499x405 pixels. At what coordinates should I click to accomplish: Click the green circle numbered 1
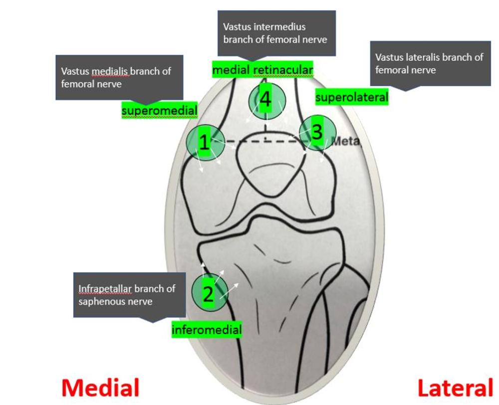[x=203, y=142]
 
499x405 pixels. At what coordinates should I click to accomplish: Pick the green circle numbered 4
[x=265, y=100]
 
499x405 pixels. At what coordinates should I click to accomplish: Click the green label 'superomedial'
[x=159, y=110]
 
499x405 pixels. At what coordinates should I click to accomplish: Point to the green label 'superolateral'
[x=351, y=97]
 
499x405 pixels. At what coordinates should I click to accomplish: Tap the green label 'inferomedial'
[x=207, y=329]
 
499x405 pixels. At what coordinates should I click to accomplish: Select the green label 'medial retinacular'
[x=262, y=70]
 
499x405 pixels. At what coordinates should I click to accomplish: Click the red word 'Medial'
[x=100, y=388]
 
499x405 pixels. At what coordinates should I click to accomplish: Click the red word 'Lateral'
[x=455, y=388]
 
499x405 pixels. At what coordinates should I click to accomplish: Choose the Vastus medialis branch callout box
[x=119, y=77]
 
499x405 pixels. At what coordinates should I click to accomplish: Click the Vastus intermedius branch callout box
[x=276, y=33]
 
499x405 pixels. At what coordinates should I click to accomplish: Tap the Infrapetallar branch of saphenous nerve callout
[x=129, y=295]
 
